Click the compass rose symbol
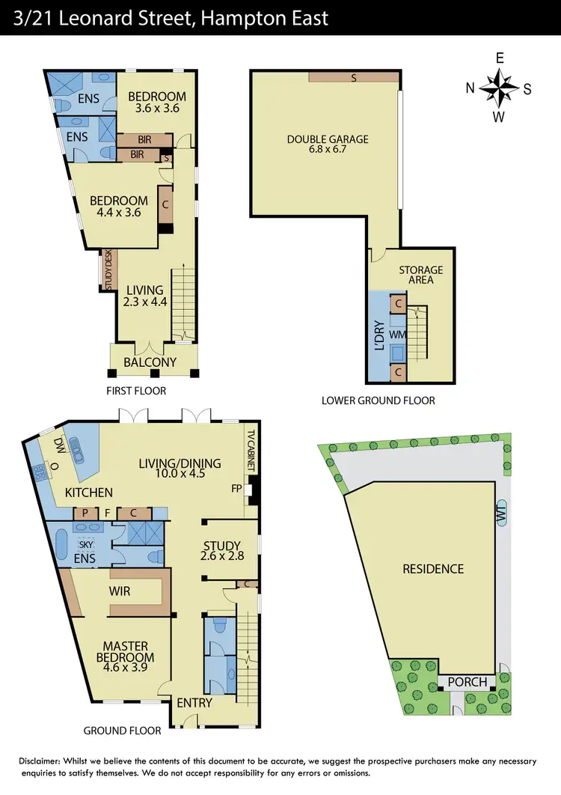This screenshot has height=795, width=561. click(x=498, y=88)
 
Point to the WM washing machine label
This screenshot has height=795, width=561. click(x=397, y=333)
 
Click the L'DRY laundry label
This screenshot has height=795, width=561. click(x=379, y=335)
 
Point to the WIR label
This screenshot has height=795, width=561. click(x=120, y=591)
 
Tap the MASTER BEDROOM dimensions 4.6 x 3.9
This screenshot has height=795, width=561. click(x=126, y=667)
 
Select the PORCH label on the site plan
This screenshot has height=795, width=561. click(x=467, y=683)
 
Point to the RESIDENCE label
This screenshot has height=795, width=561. click(x=433, y=569)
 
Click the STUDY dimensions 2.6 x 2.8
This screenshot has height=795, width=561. click(x=221, y=557)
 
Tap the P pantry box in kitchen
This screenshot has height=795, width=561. click(x=85, y=514)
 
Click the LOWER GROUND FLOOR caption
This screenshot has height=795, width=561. click(x=378, y=400)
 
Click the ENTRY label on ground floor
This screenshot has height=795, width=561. click(x=194, y=703)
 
